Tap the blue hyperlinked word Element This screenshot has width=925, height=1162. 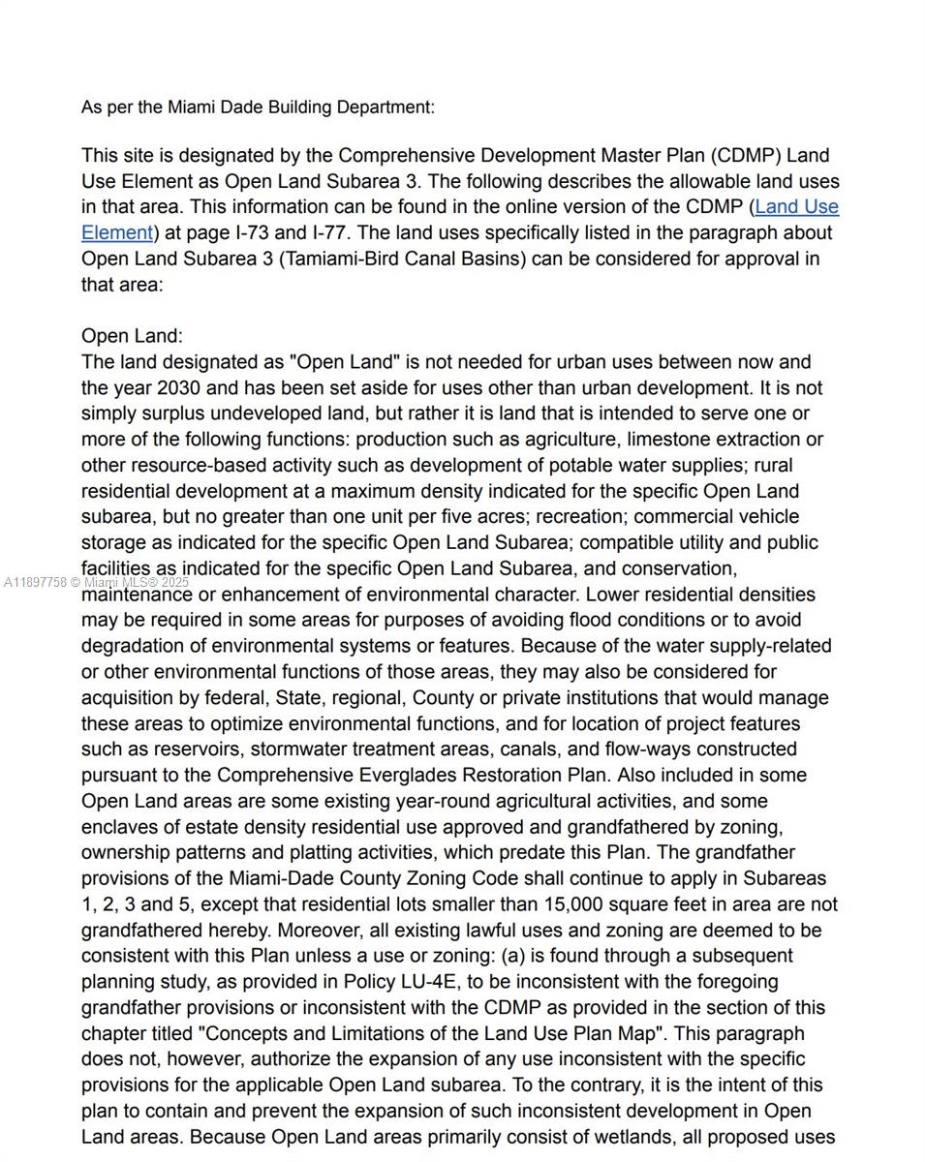[x=116, y=232]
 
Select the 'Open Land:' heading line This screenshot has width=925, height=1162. [x=132, y=336]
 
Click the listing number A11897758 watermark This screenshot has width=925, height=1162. [x=36, y=583]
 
